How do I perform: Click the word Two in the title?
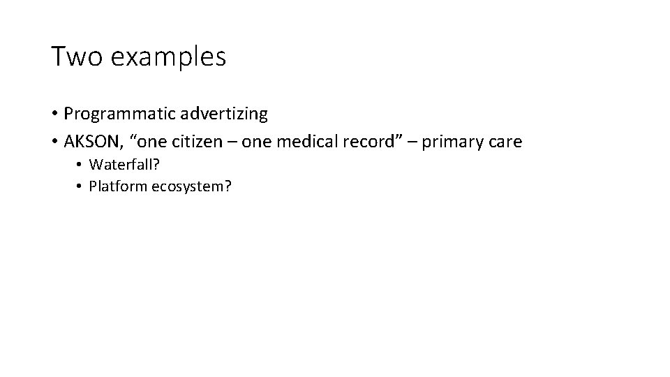(x=73, y=57)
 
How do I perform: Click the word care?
(x=505, y=142)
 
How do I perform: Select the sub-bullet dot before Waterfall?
(x=80, y=165)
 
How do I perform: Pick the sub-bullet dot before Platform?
(x=80, y=186)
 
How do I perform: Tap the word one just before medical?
(x=257, y=142)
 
